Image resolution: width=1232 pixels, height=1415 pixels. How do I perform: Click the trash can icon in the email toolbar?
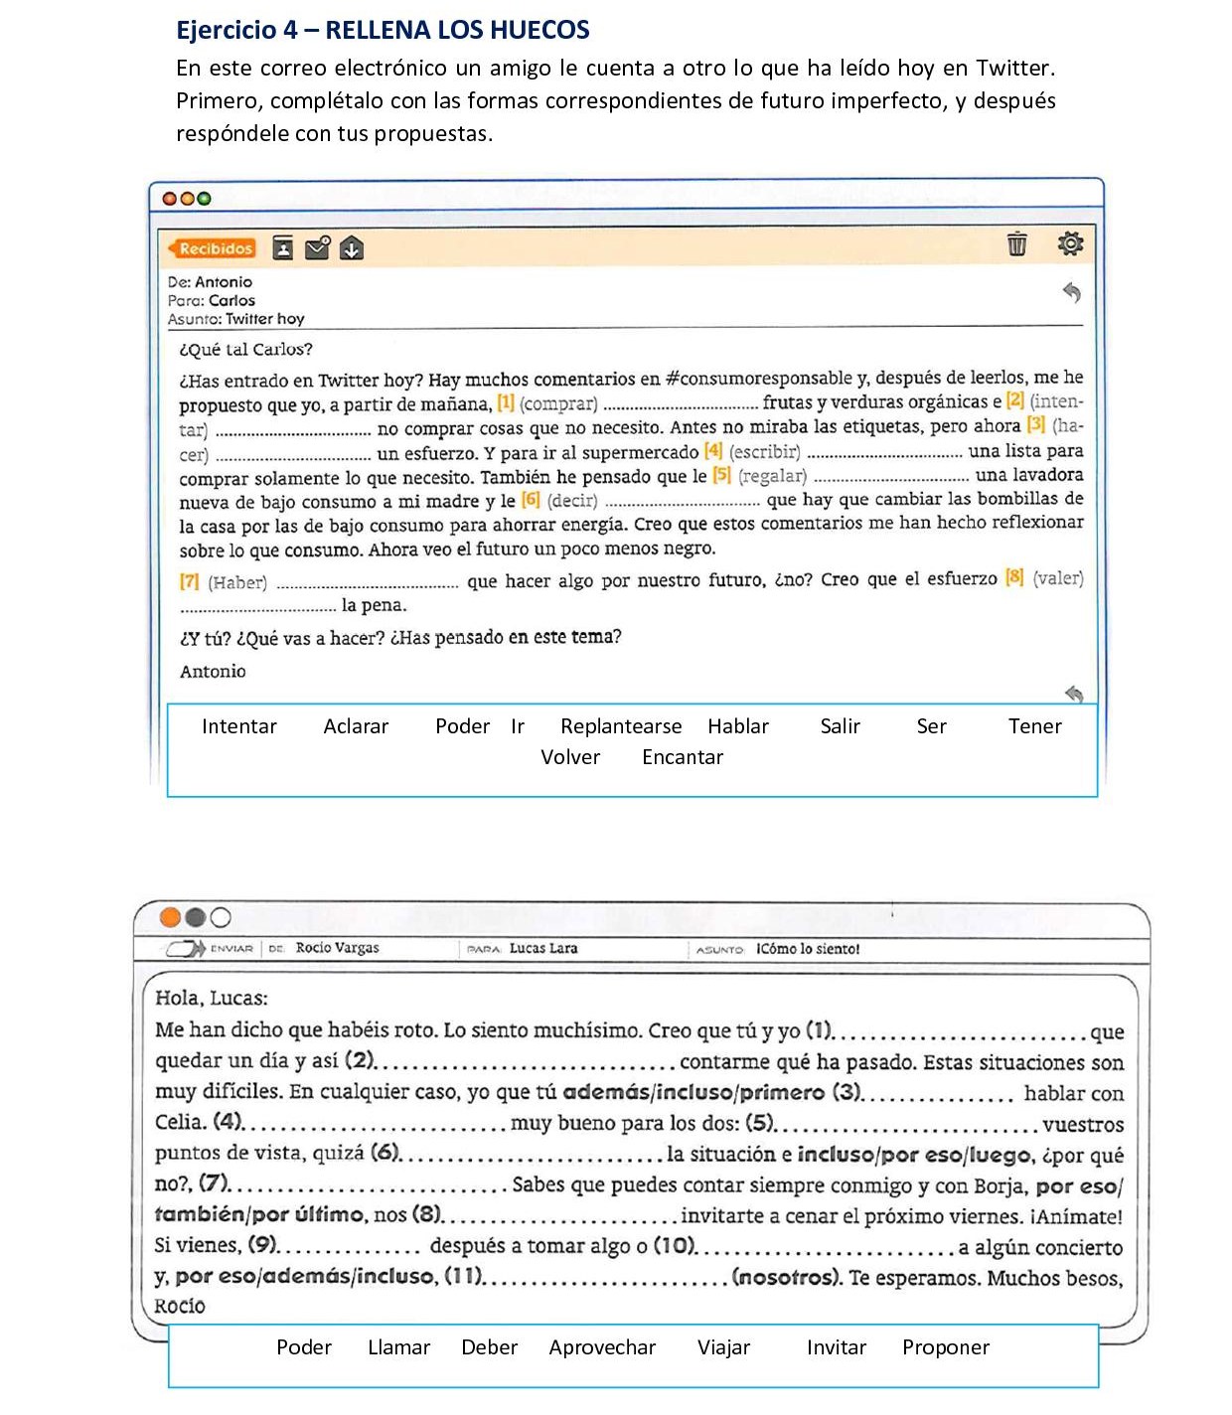point(1016,243)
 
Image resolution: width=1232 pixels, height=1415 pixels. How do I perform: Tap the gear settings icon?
point(1070,243)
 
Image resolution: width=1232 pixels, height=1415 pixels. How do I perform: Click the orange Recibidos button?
point(213,248)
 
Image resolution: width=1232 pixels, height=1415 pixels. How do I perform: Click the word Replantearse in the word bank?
point(621,726)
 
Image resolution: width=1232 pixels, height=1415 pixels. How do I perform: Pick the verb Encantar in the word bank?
point(683,757)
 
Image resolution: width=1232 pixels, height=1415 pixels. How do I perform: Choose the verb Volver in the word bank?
point(570,757)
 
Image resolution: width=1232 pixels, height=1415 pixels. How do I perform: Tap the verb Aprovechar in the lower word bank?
point(602,1347)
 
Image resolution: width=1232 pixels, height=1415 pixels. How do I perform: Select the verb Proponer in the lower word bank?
point(946,1347)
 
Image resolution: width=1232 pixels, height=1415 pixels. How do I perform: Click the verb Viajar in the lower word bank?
point(723,1347)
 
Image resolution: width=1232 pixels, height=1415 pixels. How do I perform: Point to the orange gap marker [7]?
point(189,581)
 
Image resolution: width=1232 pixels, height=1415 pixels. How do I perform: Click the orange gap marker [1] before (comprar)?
point(506,402)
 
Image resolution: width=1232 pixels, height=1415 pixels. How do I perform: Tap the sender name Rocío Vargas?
point(338,948)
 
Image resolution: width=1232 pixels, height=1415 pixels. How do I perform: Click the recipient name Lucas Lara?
point(543,948)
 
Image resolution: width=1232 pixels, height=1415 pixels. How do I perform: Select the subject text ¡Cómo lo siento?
point(808,949)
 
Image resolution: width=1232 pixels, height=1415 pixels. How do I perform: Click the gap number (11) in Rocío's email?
point(463,1276)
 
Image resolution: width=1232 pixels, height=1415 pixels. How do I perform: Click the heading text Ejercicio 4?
point(236,30)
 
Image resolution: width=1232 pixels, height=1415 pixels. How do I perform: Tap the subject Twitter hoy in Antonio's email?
point(264,319)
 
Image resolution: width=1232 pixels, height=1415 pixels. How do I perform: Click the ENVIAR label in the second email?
point(231,949)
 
